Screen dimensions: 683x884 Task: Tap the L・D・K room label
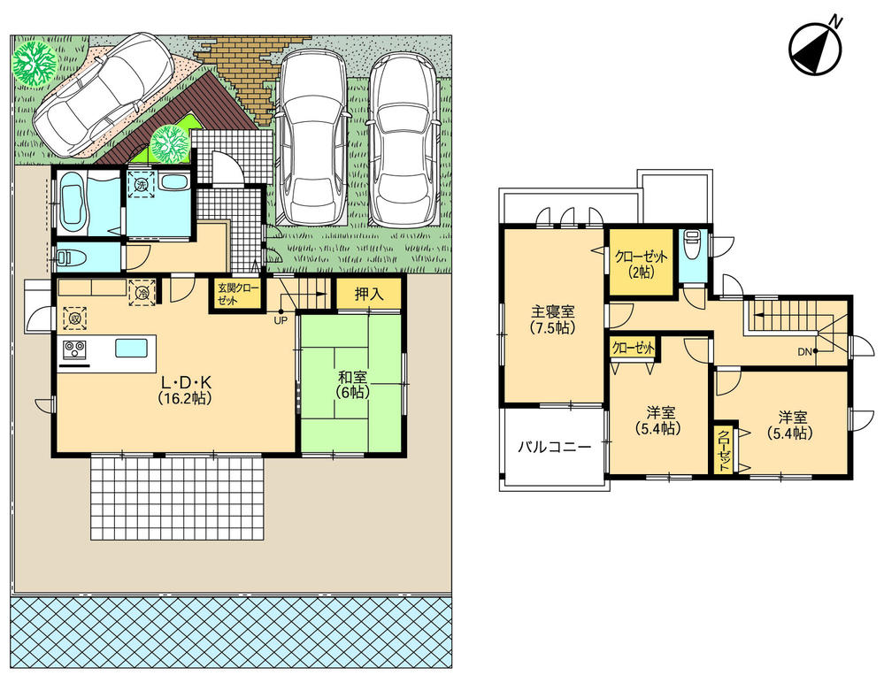184,390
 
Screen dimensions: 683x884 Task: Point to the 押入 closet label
368,294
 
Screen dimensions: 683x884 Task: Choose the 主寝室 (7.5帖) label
553,319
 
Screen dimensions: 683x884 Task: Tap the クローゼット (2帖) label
642,264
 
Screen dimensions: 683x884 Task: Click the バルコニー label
553,448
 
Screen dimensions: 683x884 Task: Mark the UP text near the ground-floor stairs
280,319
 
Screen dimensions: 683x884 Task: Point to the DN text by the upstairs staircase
804,352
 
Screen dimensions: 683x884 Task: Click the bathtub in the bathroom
73,203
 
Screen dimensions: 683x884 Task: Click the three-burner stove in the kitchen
73,349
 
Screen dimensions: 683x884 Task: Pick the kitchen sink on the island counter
131,348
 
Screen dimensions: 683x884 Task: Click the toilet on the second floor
692,243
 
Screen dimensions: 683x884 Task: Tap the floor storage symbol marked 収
74,317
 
